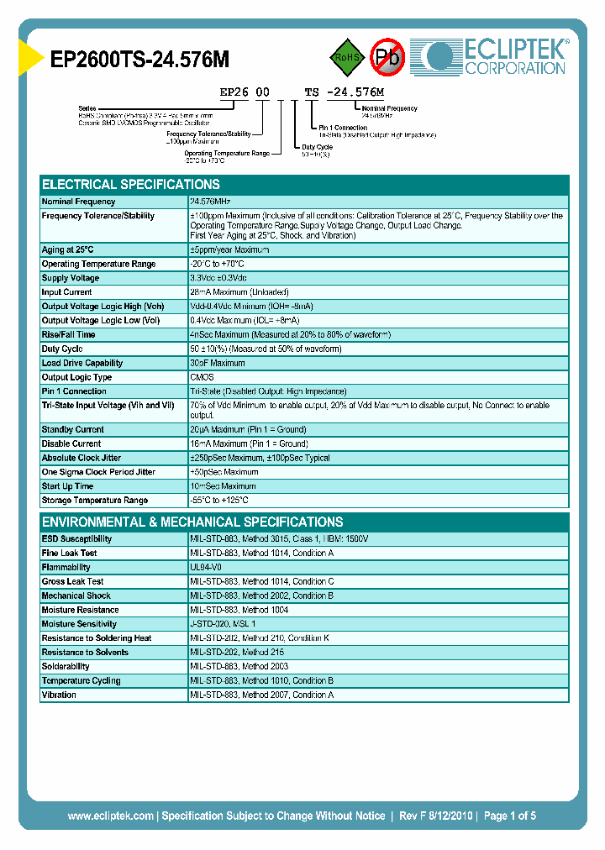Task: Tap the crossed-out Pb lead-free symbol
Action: (x=388, y=57)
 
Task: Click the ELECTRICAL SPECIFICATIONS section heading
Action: (x=131, y=185)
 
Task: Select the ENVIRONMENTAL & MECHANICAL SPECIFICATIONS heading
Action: (x=192, y=522)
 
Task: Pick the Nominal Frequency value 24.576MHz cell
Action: (x=211, y=202)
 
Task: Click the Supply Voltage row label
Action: (x=71, y=278)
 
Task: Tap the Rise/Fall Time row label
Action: (x=69, y=335)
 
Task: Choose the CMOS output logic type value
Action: (x=203, y=378)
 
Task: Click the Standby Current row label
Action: (x=73, y=430)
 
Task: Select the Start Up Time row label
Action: (x=68, y=486)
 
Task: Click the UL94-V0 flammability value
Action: (x=207, y=568)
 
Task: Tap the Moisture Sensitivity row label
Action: (x=79, y=624)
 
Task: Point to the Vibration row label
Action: (x=60, y=695)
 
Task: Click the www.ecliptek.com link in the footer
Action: (x=111, y=816)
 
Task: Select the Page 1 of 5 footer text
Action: (x=509, y=816)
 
